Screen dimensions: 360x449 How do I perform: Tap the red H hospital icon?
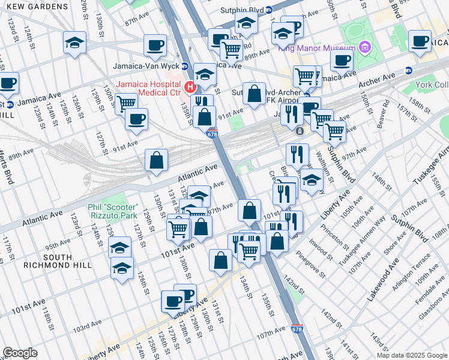point(191,88)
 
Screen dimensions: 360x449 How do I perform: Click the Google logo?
point(20,353)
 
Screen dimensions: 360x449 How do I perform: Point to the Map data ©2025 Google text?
point(411,355)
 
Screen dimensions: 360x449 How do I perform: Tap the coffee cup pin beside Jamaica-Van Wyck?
point(155,45)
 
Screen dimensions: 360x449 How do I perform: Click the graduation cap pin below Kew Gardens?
point(75,43)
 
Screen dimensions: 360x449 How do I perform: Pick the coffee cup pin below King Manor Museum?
point(342,60)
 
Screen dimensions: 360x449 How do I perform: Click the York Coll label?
point(431,85)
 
